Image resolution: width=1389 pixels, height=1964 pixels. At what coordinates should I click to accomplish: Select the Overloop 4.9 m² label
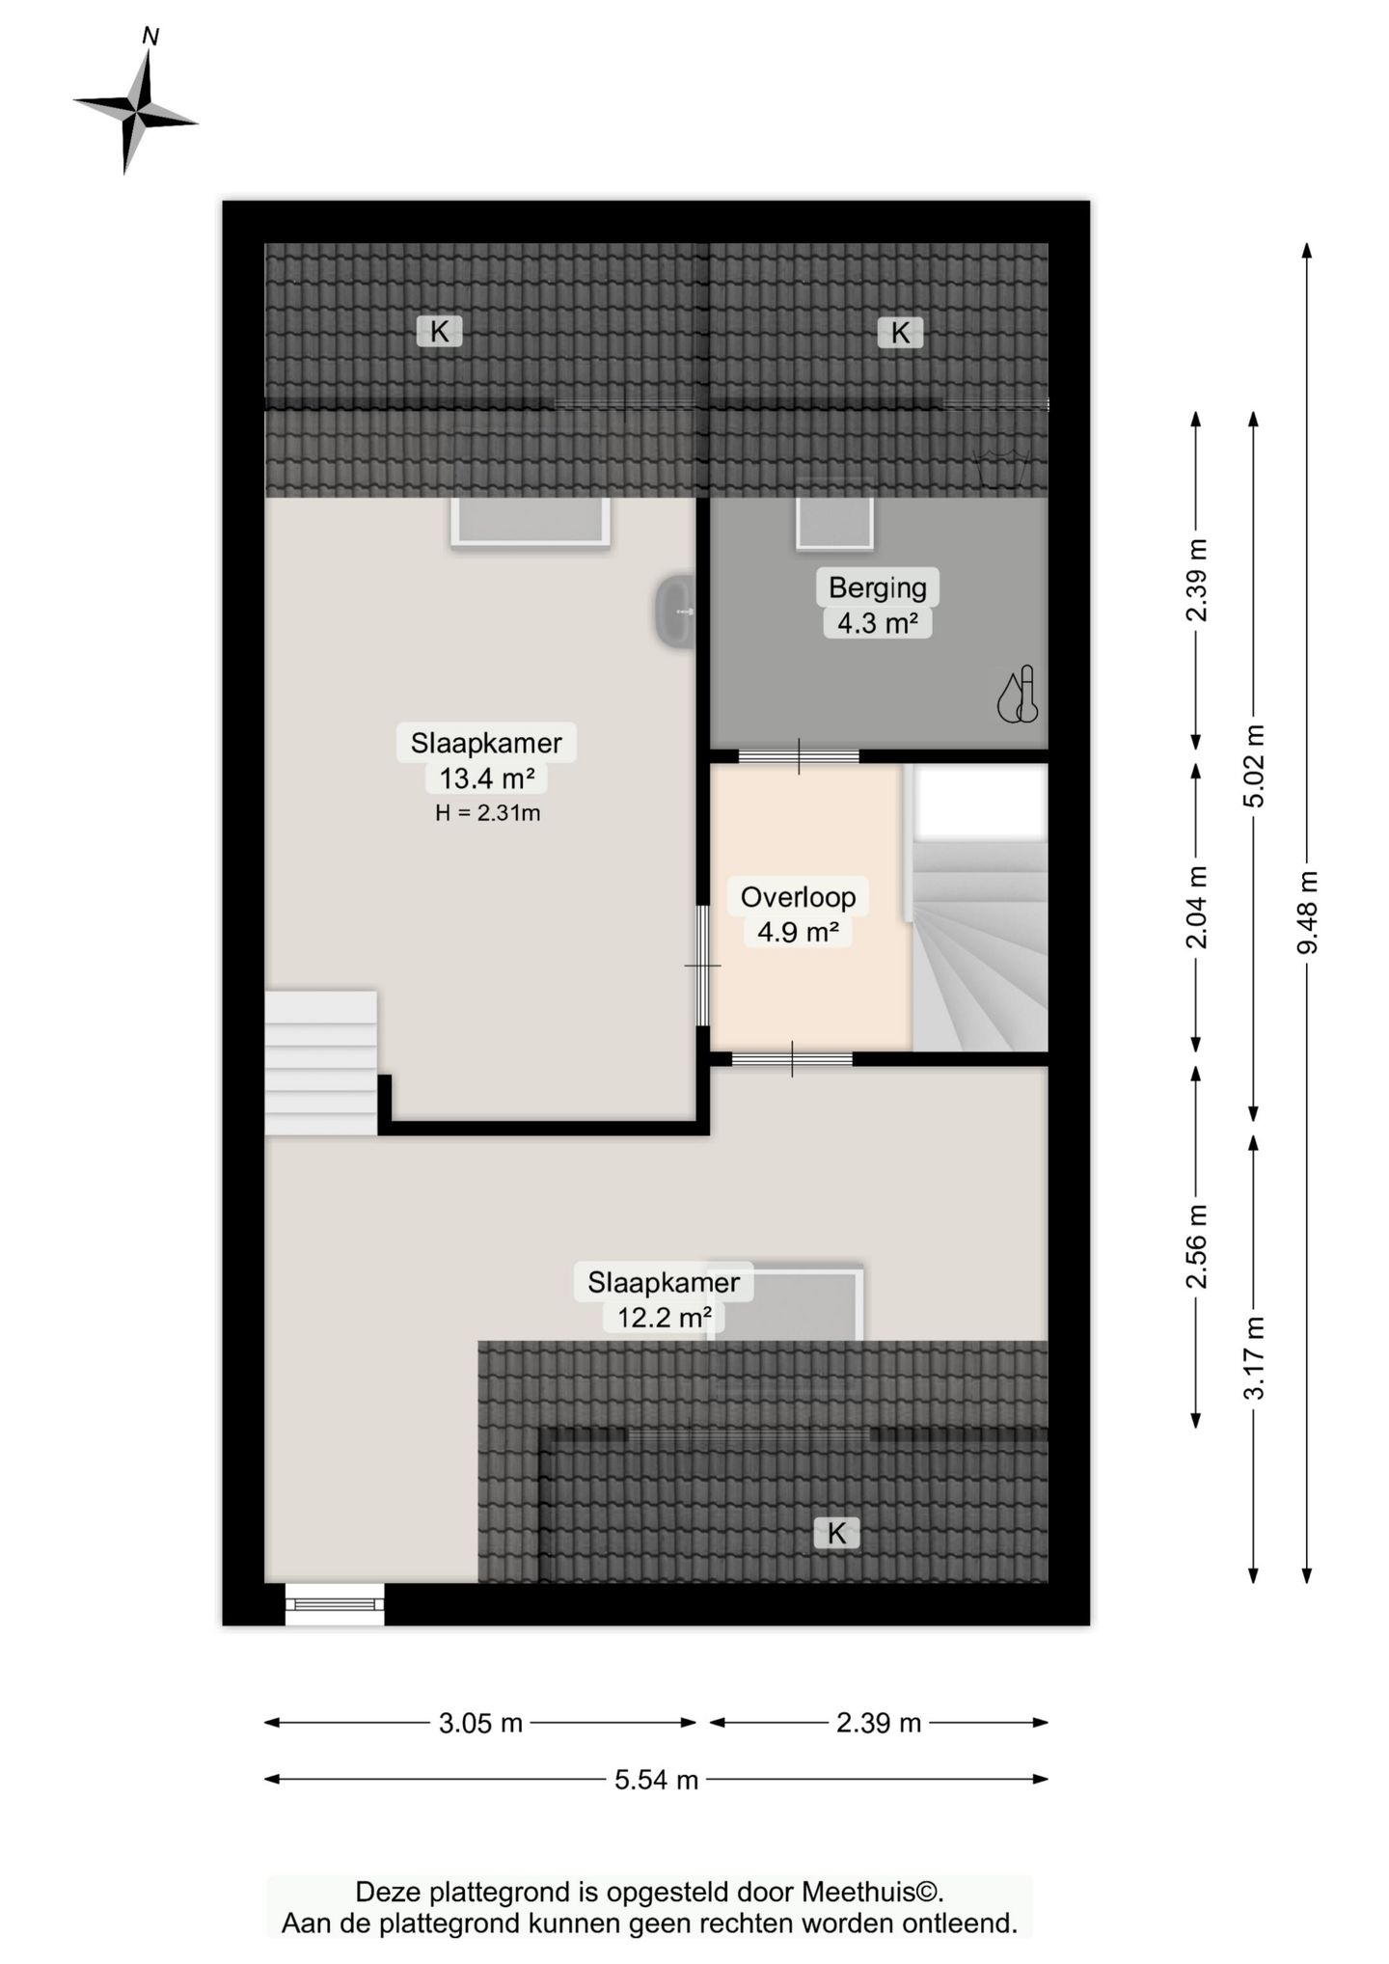pyautogui.click(x=798, y=914)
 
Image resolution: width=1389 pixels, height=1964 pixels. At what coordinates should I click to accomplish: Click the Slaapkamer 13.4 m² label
pyautogui.click(x=486, y=760)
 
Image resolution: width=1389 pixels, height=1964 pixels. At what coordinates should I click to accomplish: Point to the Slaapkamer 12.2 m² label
pyautogui.click(x=664, y=1298)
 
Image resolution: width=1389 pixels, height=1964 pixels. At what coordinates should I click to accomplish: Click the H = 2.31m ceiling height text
pyautogui.click(x=488, y=813)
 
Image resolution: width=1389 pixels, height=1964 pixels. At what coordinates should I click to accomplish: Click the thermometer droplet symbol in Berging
pyautogui.click(x=1017, y=695)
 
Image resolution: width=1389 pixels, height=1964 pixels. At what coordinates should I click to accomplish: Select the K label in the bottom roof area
pyautogui.click(x=836, y=1532)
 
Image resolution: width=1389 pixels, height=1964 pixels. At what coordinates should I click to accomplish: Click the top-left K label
pyautogui.click(x=439, y=332)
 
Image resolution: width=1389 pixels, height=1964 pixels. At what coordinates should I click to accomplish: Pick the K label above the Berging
pyautogui.click(x=900, y=333)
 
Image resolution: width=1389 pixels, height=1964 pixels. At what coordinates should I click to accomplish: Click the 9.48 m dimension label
pyautogui.click(x=1307, y=913)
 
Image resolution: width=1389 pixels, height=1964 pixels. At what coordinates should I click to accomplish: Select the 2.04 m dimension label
pyautogui.click(x=1196, y=908)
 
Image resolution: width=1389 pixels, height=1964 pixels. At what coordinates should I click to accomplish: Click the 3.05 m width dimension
pyautogui.click(x=480, y=1723)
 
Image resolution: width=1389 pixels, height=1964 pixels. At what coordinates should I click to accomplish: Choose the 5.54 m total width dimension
pyautogui.click(x=656, y=1779)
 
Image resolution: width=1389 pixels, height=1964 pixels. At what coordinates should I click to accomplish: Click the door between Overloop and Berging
pyautogui.click(x=799, y=756)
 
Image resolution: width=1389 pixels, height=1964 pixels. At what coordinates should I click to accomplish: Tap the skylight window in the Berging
pyautogui.click(x=835, y=524)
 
